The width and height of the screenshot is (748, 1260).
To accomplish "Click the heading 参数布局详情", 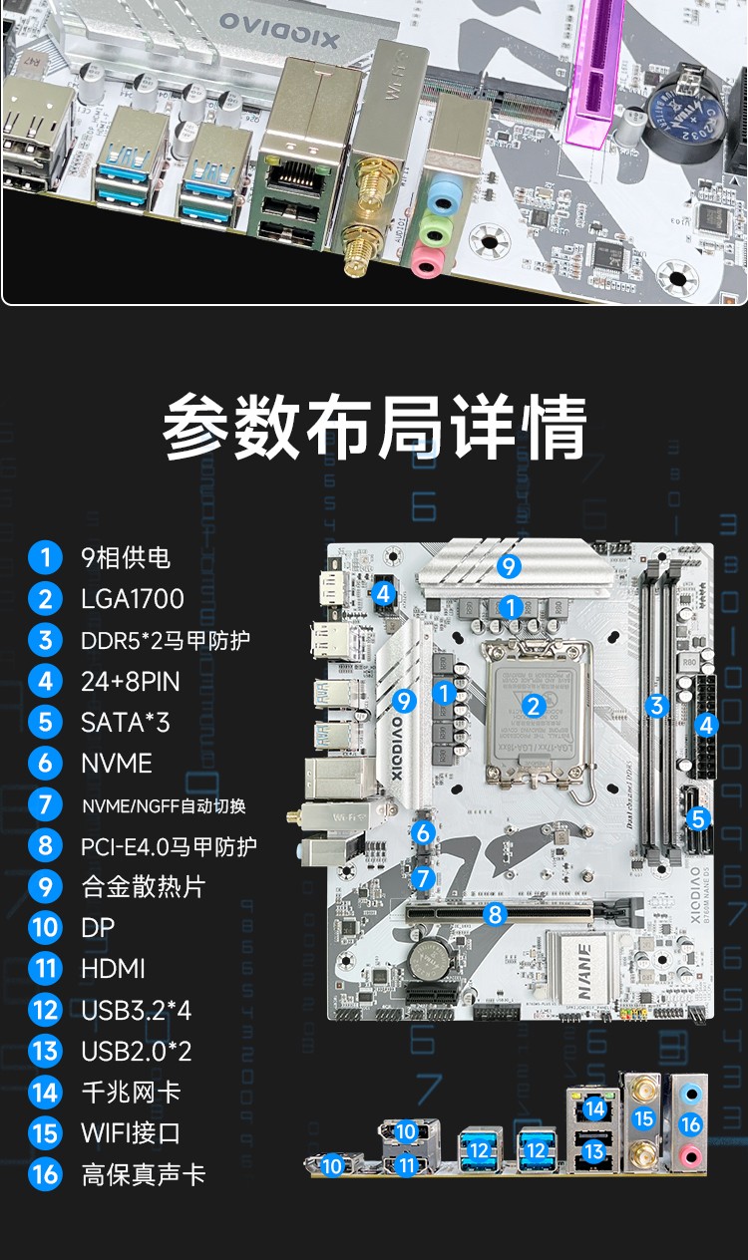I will pos(374,428).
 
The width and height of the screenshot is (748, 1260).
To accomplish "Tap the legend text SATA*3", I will pos(125,722).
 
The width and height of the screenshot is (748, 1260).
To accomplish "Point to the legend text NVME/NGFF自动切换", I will pos(164,805).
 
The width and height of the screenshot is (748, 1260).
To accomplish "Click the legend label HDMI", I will pos(113,969).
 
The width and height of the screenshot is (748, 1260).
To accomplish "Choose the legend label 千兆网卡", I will pos(131,1093).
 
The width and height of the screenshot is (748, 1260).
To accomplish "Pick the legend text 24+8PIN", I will pos(132,681).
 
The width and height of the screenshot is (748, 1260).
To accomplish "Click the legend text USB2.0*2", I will pos(136,1051).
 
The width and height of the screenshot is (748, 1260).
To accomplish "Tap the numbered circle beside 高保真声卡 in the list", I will pos(45,1174).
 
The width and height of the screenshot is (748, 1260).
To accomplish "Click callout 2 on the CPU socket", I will pos(534,706).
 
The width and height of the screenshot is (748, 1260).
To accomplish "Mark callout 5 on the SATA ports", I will pos(698,818).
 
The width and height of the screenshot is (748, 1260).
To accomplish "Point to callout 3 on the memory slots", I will pos(655,706).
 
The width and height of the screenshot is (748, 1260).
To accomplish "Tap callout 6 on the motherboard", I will pos(424,832).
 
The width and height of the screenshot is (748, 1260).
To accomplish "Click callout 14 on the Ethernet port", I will pos(594,1107).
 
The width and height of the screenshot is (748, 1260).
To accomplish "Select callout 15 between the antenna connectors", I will pos(643,1118).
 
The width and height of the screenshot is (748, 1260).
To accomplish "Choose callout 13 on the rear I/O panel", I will pos(594,1151).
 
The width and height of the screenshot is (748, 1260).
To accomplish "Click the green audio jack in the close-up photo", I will pos(431,228).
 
